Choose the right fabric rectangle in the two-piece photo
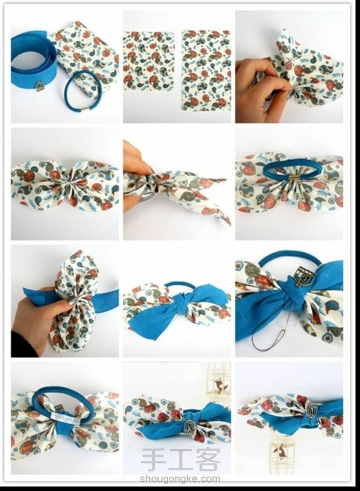pos(206,70)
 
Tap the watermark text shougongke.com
pos(180,478)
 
